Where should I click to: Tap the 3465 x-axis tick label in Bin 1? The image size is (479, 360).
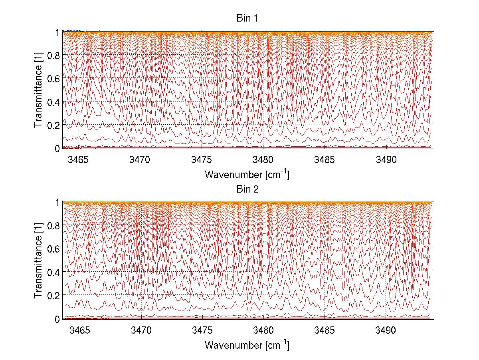[x=79, y=160]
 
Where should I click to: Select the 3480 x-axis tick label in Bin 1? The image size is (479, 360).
[x=263, y=160]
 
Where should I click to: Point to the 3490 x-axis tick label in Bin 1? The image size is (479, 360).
[x=386, y=160]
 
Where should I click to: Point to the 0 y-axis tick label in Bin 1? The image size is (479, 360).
[x=57, y=149]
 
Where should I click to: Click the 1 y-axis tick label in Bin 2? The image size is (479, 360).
[x=57, y=202]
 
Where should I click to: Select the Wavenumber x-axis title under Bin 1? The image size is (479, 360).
[x=247, y=175]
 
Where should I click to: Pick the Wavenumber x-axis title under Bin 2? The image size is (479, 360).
[x=247, y=345]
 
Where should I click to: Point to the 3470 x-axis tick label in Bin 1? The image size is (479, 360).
[x=141, y=160]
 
